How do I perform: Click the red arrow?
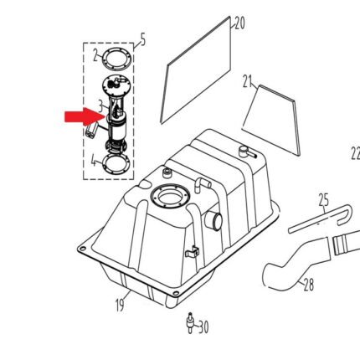pyautogui.click(x=85, y=116)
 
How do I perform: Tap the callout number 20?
pyautogui.click(x=239, y=23)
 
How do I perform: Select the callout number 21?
pyautogui.click(x=248, y=81)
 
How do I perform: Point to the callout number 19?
pyautogui.click(x=121, y=305)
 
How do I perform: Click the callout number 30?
pyautogui.click(x=203, y=327)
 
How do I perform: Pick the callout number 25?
pyautogui.click(x=324, y=200)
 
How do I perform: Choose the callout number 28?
pyautogui.click(x=309, y=285)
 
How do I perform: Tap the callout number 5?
pyautogui.click(x=143, y=40)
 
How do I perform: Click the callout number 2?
pyautogui.click(x=96, y=55)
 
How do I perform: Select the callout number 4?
pyautogui.click(x=94, y=161)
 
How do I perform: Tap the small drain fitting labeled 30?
pyautogui.click(x=190, y=322)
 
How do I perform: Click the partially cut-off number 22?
pyautogui.click(x=355, y=153)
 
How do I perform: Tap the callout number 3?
pyautogui.click(x=100, y=105)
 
